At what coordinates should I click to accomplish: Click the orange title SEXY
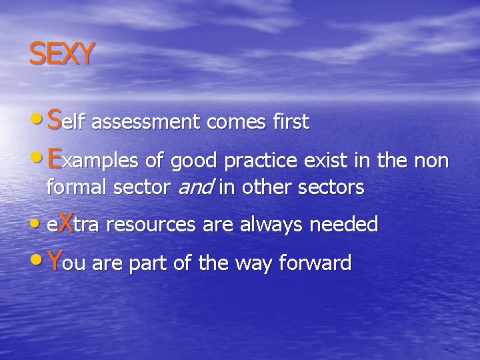click(x=61, y=54)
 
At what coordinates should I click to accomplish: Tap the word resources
click(x=148, y=225)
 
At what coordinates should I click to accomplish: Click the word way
click(x=263, y=264)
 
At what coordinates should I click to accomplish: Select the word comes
click(x=230, y=123)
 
